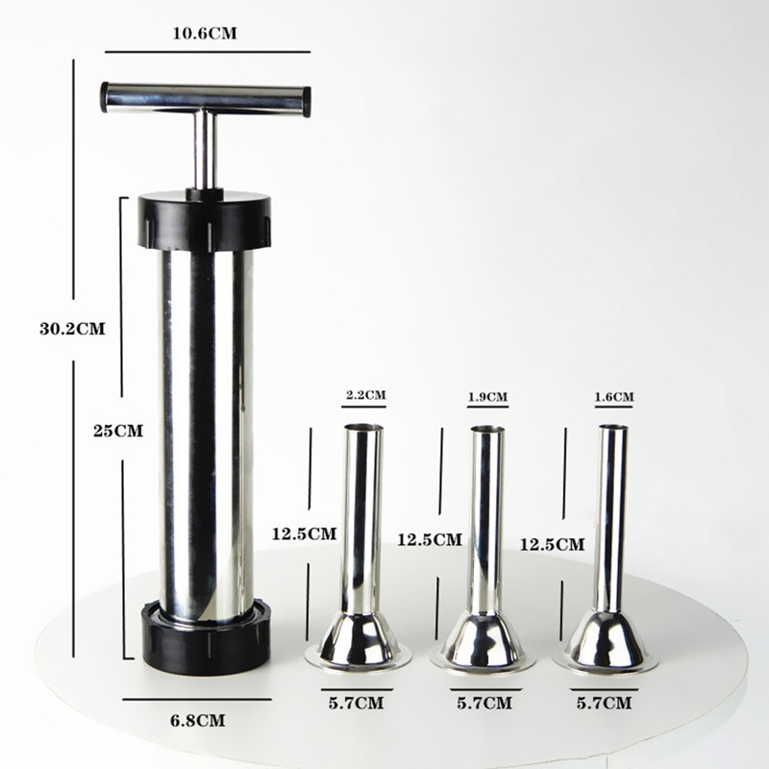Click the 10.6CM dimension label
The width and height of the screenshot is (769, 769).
tap(205, 34)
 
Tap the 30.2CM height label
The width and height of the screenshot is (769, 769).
tap(73, 329)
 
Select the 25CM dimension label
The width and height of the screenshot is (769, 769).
tap(118, 431)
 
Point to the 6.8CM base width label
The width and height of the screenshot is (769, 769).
tap(198, 720)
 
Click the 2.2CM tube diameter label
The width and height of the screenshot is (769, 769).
tap(366, 395)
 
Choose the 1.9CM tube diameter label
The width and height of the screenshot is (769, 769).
tap(487, 396)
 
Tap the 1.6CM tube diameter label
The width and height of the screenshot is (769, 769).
tap(614, 396)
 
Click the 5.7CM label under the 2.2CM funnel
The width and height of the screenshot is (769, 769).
tap(357, 704)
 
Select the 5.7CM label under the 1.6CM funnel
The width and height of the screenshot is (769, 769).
tap(605, 704)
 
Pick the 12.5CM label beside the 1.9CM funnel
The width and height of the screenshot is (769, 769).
tap(430, 539)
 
